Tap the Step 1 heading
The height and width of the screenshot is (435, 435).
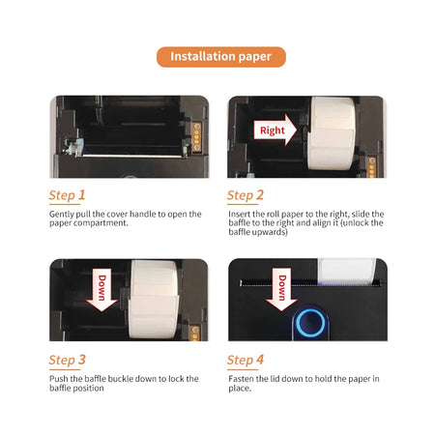(x=68, y=195)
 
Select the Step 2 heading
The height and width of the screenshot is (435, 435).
(x=246, y=195)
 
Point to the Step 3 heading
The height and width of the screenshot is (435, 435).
(x=68, y=361)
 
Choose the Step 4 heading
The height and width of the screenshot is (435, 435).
(x=246, y=361)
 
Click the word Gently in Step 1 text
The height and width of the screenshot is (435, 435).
(x=60, y=214)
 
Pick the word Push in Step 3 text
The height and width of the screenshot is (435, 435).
(x=58, y=378)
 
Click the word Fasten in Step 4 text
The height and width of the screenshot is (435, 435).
(x=242, y=378)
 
